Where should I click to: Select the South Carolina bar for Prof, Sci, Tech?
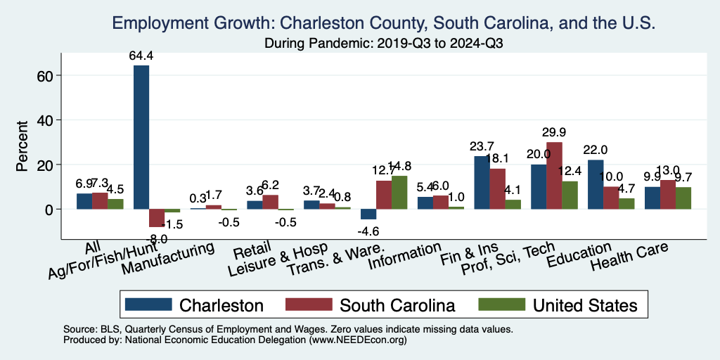pos(554,176)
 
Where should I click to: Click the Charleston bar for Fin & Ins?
pos(482,183)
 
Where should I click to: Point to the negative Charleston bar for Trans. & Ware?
pos(368,214)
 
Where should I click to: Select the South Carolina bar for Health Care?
pos(668,195)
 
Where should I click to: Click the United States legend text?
pos(585,305)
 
